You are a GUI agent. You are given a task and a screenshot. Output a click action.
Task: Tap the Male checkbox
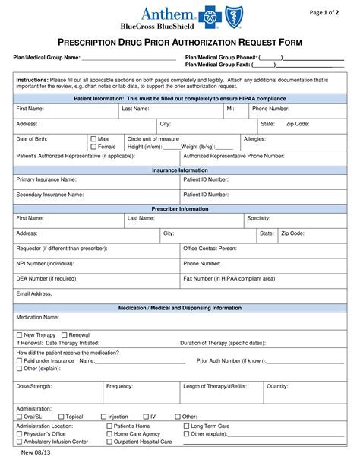pyautogui.click(x=93, y=139)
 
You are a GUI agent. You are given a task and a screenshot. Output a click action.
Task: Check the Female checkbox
pyautogui.click(x=93, y=147)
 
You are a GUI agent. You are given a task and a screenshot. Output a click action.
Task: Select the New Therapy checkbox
pyautogui.click(x=20, y=334)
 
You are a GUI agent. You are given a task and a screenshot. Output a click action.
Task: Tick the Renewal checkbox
pyautogui.click(x=65, y=334)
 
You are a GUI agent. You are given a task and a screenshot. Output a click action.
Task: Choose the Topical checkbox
pyautogui.click(x=61, y=417)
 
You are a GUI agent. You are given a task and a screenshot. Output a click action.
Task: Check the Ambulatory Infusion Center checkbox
pyautogui.click(x=20, y=442)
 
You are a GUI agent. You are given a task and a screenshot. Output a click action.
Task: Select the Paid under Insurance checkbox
pyautogui.click(x=20, y=360)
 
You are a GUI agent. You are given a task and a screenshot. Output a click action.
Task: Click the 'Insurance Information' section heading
pyautogui.click(x=180, y=170)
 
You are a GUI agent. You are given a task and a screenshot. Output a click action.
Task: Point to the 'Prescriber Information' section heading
pyautogui.click(x=180, y=208)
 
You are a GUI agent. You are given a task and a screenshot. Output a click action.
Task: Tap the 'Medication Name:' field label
pyautogui.click(x=38, y=317)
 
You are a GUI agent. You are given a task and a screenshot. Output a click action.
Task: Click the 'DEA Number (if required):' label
pyautogui.click(x=47, y=278)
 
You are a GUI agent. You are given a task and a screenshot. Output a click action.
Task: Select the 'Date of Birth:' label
pyautogui.click(x=33, y=139)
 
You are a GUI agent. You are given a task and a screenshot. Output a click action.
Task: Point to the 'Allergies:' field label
pyautogui.click(x=254, y=139)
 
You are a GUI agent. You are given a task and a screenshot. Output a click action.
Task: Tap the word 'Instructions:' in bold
pyautogui.click(x=33, y=79)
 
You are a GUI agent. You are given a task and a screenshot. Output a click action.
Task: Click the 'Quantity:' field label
pyautogui.click(x=277, y=386)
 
